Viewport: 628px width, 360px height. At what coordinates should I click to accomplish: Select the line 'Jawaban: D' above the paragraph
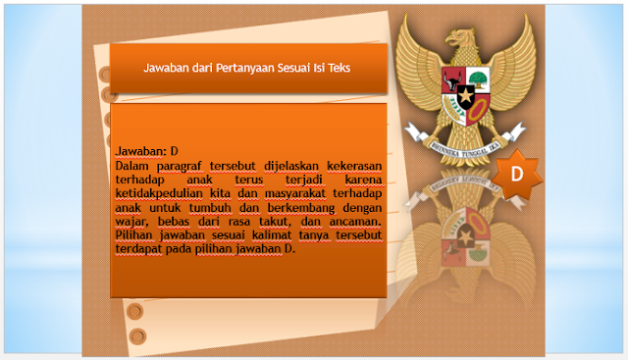tap(146, 152)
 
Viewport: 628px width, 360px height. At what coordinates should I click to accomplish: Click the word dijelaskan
tap(278, 167)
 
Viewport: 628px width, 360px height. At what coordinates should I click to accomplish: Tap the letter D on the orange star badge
tap(517, 173)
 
